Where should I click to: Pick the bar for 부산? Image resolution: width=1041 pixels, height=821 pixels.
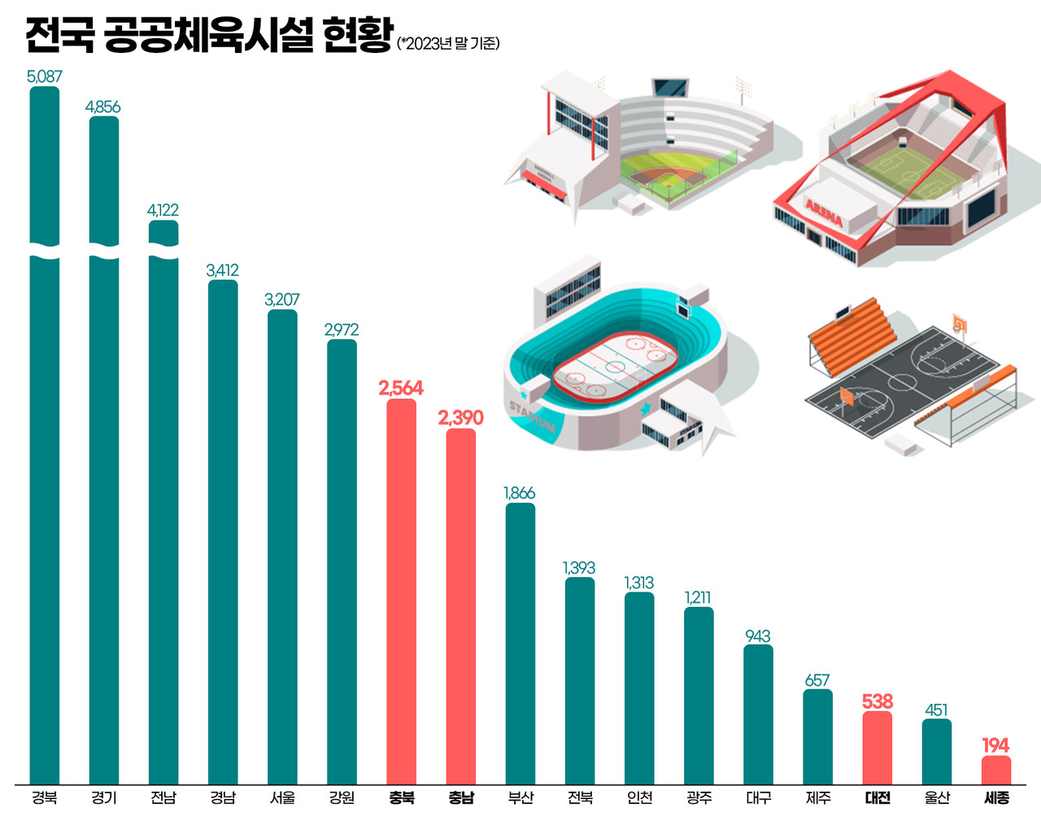(520, 643)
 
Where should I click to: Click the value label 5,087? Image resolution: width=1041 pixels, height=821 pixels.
(45, 76)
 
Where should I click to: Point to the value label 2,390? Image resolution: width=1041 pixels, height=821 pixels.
(460, 417)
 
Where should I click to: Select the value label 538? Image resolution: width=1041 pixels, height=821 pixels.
(878, 701)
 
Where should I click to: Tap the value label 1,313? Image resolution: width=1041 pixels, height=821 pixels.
(639, 583)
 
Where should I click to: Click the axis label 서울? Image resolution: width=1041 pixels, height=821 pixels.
(282, 798)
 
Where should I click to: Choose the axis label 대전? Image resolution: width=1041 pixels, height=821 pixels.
(878, 798)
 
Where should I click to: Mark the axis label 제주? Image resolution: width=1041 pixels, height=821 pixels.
(818, 798)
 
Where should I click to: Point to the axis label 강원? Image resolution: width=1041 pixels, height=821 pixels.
(342, 798)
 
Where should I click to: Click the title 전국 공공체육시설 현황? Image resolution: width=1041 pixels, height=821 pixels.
(209, 35)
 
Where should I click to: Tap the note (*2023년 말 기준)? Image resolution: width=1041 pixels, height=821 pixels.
(448, 43)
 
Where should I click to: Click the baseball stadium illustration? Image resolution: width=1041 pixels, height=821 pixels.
(642, 146)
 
